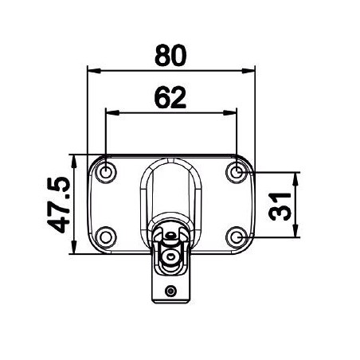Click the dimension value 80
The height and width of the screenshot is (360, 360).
(170, 55)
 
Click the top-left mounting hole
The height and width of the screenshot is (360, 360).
(106, 170)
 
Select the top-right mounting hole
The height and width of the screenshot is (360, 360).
(237, 170)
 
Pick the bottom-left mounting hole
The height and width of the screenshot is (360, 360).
(106, 237)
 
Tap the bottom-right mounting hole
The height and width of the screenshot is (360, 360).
(237, 237)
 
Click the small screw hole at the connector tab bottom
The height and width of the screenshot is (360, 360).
(170, 292)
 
